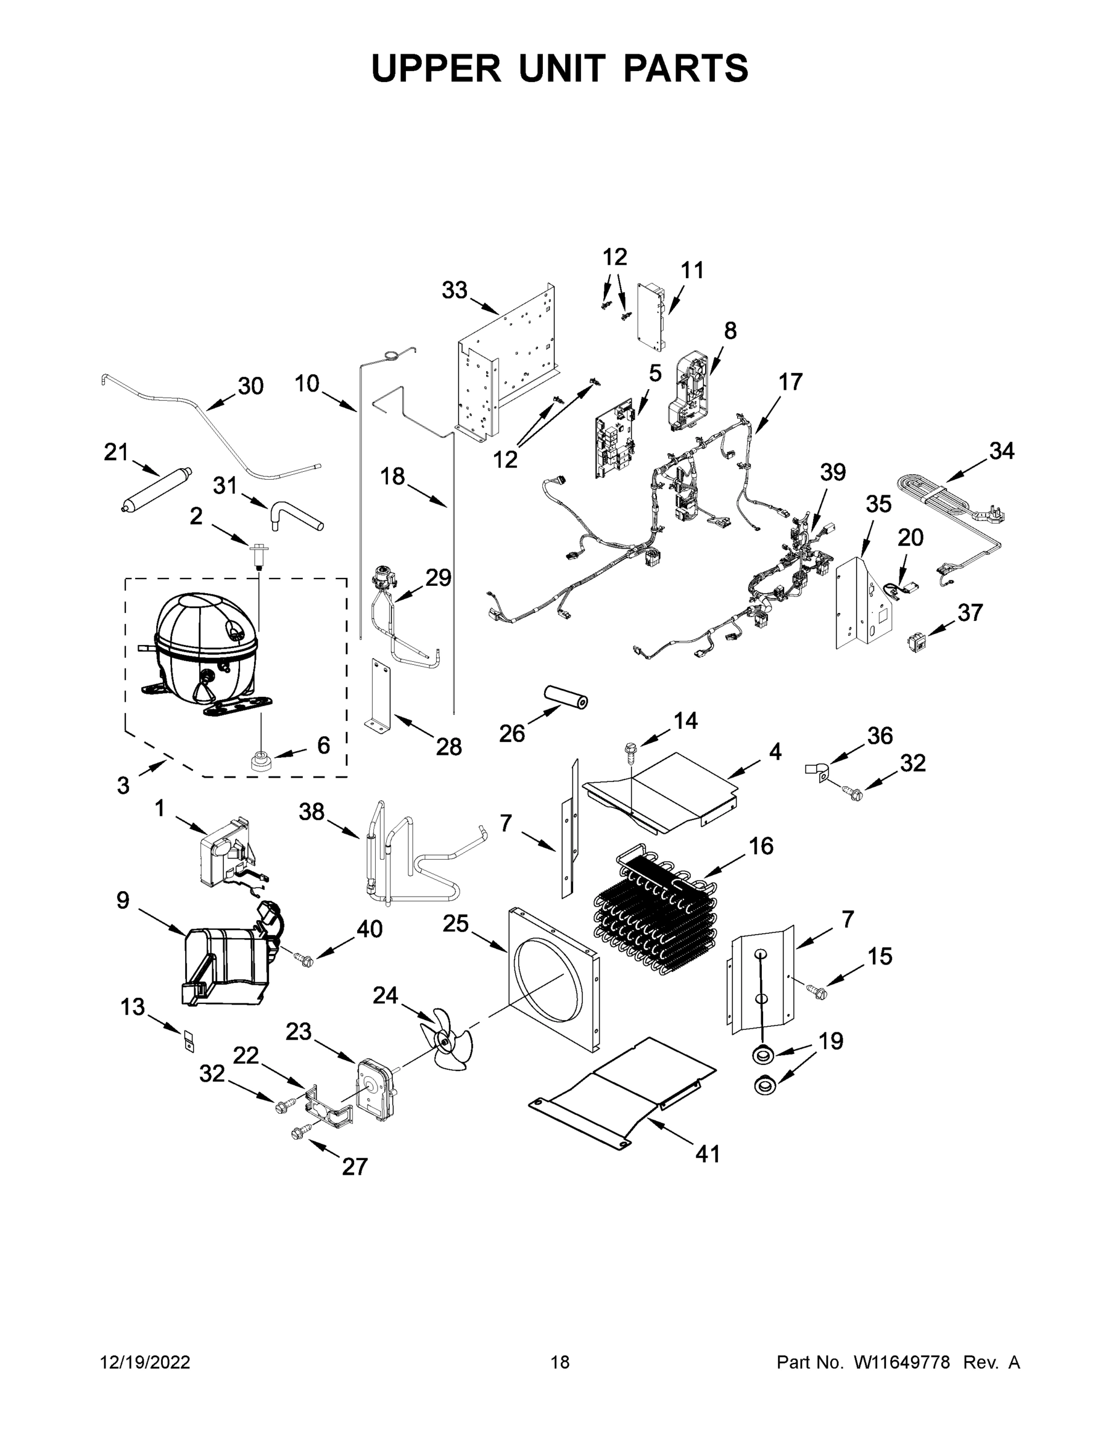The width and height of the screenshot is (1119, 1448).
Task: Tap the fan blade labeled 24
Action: pos(445,1040)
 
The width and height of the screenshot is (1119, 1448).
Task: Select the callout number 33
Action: pos(455,290)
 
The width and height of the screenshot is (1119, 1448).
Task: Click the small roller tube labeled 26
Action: pos(565,698)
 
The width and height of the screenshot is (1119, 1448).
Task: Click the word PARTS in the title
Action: pos(685,68)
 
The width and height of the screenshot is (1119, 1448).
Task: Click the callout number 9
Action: pos(122,900)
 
